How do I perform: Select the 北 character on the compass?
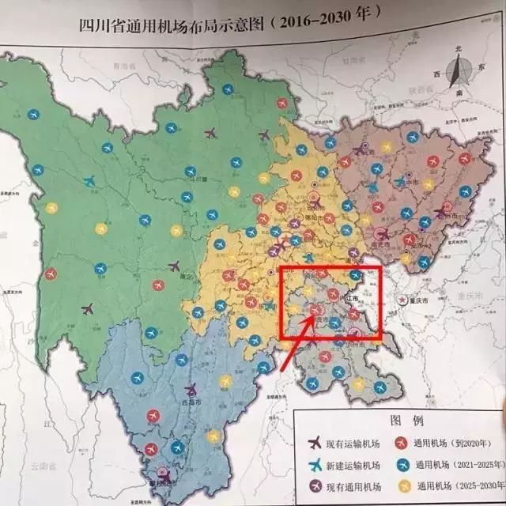pos(457,49)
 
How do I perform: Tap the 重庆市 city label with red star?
pos(417,300)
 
